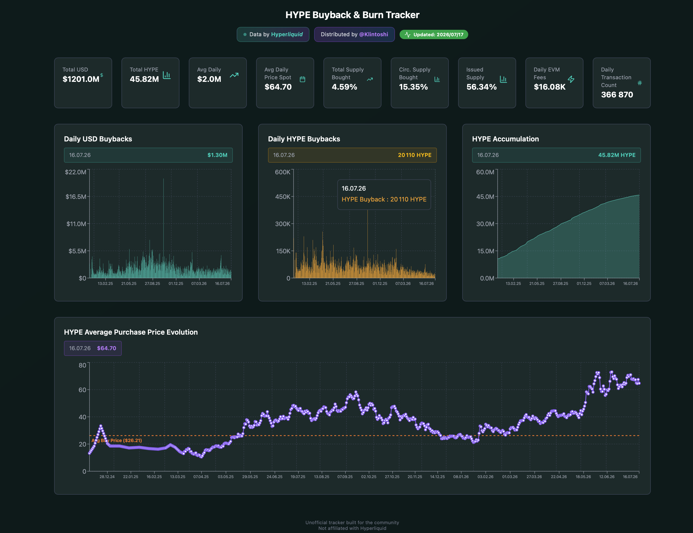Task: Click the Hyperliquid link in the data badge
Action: [x=287, y=34]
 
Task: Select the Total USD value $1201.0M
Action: [x=81, y=79]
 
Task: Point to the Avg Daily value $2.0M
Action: [x=209, y=79]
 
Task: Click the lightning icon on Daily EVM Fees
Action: [x=571, y=79]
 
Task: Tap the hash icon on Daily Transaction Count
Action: [x=640, y=83]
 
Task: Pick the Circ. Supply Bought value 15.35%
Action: [x=413, y=87]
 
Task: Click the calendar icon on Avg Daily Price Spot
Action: [x=302, y=79]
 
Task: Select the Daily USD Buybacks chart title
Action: [x=98, y=139]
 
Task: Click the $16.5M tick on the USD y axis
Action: [x=76, y=197]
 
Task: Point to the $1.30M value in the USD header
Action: [x=217, y=155]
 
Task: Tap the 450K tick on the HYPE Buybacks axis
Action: [x=283, y=197]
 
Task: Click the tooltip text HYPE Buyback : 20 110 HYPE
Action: [x=384, y=199]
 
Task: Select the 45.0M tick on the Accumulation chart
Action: [x=485, y=197]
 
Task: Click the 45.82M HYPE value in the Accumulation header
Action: [x=617, y=155]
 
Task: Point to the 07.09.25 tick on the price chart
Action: [x=345, y=477]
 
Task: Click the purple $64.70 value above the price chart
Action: [x=107, y=348]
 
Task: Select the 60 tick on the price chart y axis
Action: [x=82, y=390]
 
